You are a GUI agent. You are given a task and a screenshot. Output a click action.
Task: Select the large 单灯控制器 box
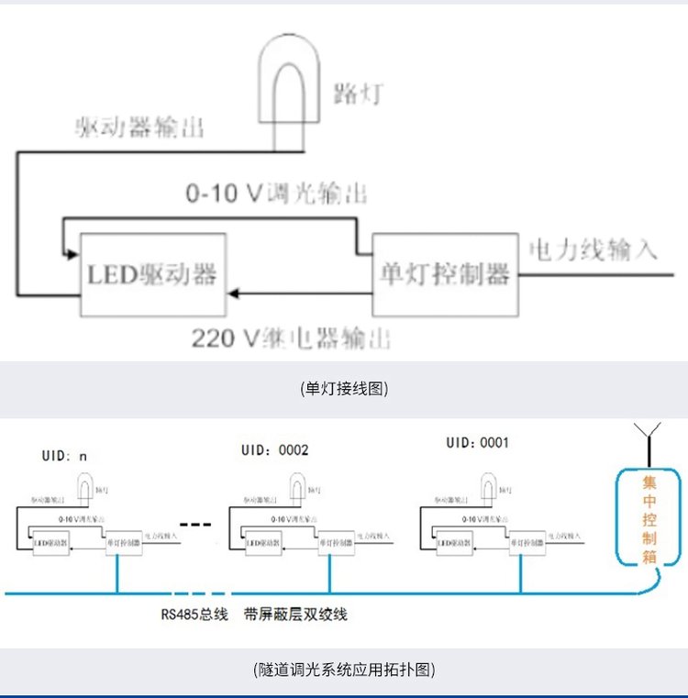click(x=444, y=274)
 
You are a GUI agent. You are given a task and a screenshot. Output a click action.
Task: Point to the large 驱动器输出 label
click(x=139, y=127)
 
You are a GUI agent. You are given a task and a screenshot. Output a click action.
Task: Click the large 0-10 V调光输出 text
click(x=276, y=194)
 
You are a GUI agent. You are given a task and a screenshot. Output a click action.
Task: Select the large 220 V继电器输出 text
click(x=291, y=338)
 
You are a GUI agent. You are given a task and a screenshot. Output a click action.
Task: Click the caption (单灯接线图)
click(x=344, y=389)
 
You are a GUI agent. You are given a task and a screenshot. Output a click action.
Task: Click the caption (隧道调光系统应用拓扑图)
click(x=344, y=670)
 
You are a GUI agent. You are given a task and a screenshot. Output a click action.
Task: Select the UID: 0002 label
click(x=275, y=450)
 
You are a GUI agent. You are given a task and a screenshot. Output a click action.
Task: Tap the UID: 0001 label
click(x=477, y=443)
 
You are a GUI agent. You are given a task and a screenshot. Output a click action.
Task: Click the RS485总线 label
click(x=194, y=615)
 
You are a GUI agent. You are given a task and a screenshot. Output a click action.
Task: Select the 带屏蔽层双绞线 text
click(x=296, y=615)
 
